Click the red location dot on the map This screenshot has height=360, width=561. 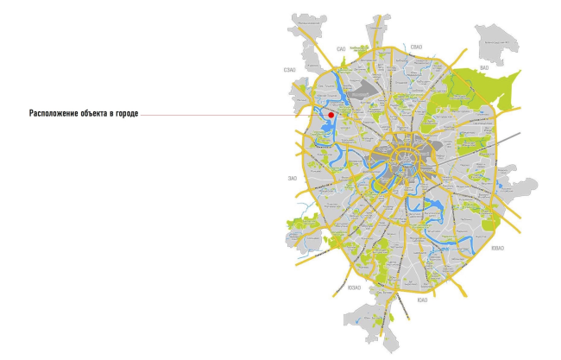pyautogui.click(x=330, y=113)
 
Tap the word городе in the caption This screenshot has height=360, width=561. pyautogui.click(x=126, y=114)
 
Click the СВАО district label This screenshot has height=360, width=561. pyautogui.click(x=416, y=47)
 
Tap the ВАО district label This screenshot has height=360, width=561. pyautogui.click(x=484, y=66)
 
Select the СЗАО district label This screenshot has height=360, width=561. pyautogui.click(x=289, y=70)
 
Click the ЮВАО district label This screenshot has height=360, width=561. pyautogui.click(x=520, y=249)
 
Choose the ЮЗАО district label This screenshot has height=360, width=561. pyautogui.click(x=354, y=288)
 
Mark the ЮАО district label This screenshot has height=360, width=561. pyautogui.click(x=422, y=300)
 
